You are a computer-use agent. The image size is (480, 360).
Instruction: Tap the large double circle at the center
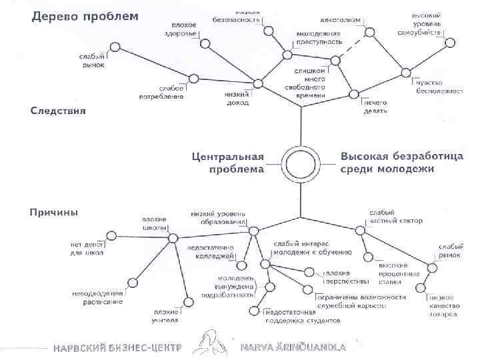(301, 163)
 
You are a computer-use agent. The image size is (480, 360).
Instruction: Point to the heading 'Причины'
(54, 213)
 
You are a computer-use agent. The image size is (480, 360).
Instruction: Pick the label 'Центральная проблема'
(227, 163)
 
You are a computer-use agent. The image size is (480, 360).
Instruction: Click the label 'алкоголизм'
(341, 20)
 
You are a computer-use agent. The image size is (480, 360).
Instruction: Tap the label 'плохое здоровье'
(181, 29)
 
